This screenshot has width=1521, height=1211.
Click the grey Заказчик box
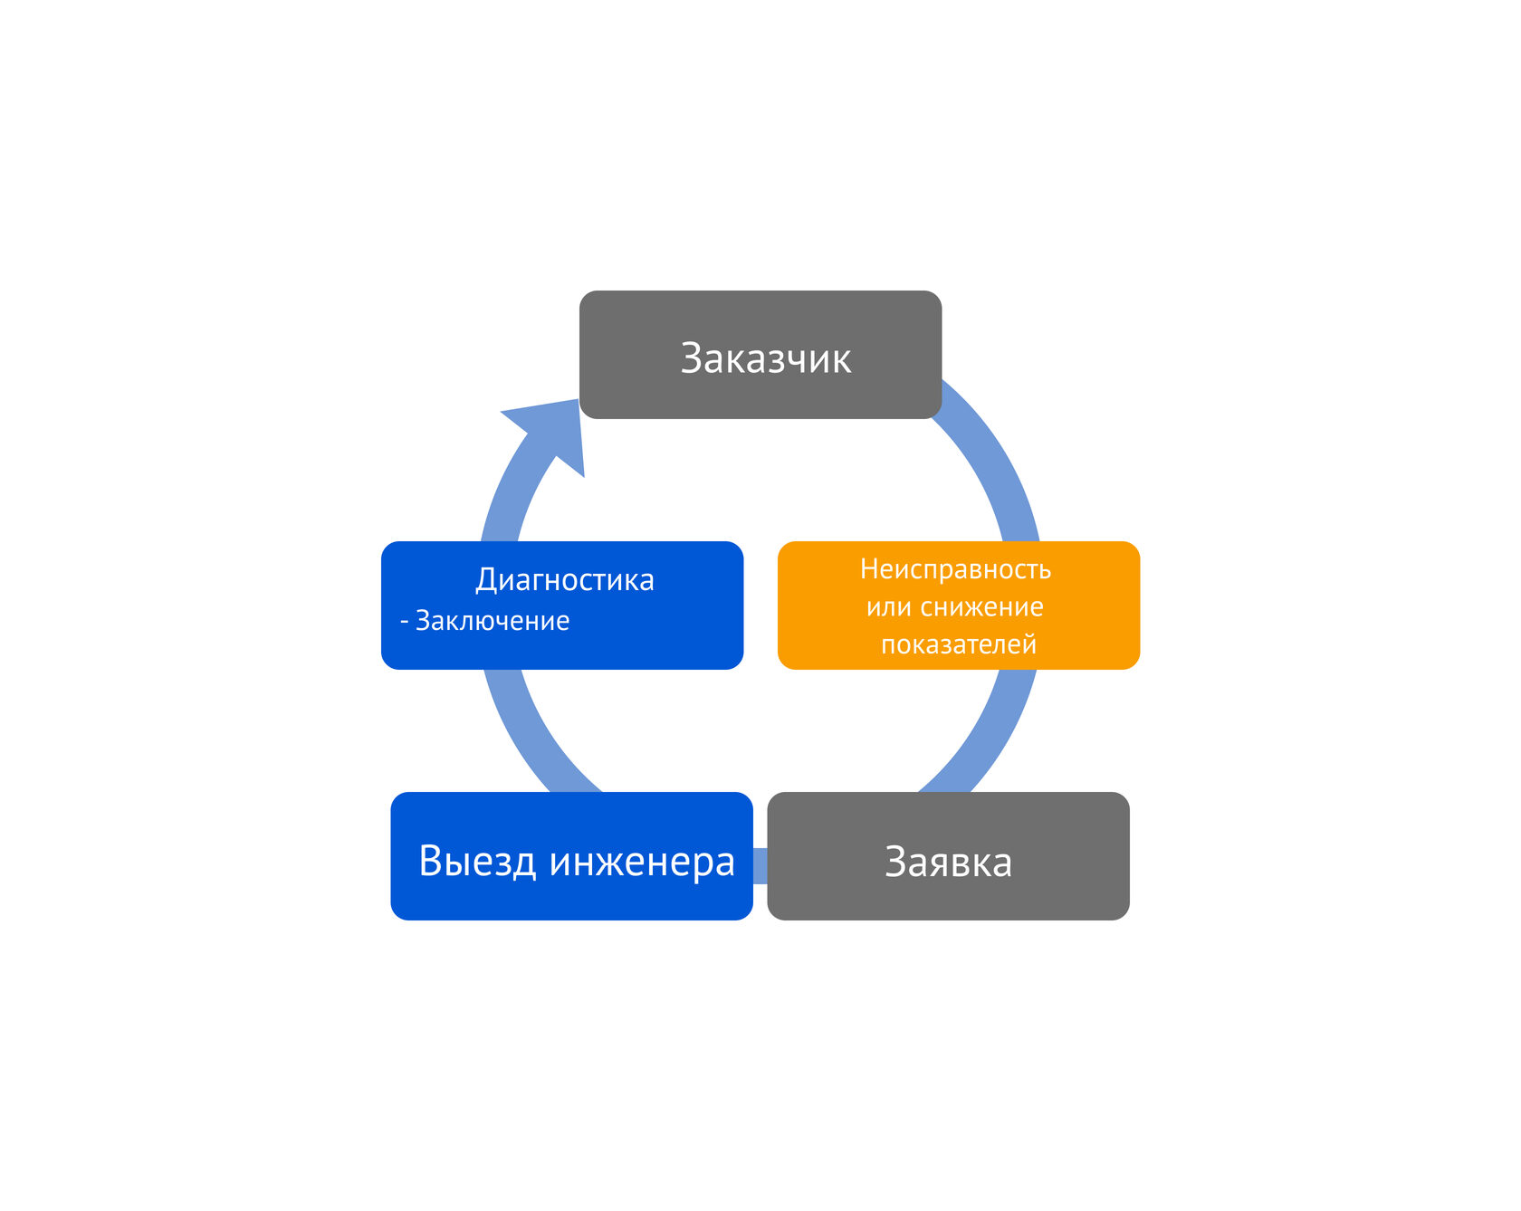tap(760, 355)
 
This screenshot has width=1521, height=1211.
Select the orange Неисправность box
tap(959, 605)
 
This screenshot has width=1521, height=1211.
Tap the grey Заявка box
tap(948, 856)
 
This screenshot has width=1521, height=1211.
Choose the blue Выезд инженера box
tap(571, 856)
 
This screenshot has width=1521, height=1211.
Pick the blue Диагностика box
tap(562, 605)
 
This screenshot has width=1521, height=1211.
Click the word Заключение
tap(493, 621)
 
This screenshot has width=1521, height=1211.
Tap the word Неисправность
tap(955, 569)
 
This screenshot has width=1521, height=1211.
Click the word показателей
tap(959, 644)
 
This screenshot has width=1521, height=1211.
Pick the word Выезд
tap(478, 862)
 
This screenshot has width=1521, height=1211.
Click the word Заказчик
tap(766, 358)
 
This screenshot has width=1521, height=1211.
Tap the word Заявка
tap(948, 862)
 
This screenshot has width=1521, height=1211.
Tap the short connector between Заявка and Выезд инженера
tap(760, 865)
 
